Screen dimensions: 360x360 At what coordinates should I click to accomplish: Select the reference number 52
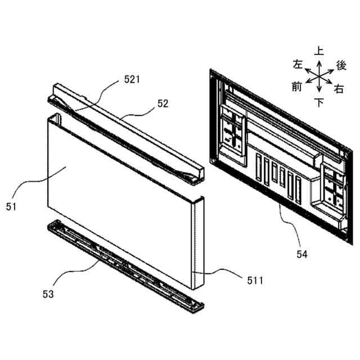tap(163, 103)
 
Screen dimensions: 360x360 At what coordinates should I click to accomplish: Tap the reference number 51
tap(12, 206)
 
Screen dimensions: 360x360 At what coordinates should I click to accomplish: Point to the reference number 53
tap(48, 294)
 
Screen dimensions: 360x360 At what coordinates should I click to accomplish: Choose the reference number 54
tap(302, 254)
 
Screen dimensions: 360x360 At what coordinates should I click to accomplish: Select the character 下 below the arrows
tap(319, 102)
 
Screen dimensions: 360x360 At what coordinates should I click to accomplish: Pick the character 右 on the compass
tap(339, 88)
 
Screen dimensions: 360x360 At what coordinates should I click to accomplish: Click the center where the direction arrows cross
tap(319, 75)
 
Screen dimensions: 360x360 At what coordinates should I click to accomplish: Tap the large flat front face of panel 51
tap(112, 191)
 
